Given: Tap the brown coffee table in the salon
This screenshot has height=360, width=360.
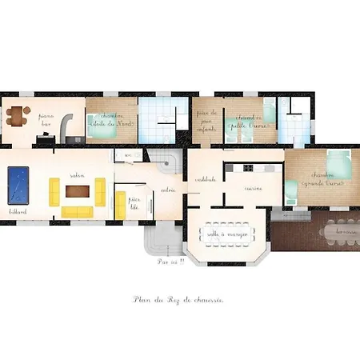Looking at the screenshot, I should pos(78,191).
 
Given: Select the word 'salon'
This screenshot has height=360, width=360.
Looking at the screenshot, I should pos(77,175).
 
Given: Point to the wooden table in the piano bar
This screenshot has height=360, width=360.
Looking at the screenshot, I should pos(16,118).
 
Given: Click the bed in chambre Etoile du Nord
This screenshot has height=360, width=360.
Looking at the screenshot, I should pos(102,127).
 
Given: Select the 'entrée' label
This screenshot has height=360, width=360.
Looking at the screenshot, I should pos(168,190).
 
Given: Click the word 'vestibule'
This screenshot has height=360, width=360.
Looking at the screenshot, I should pos(205,179).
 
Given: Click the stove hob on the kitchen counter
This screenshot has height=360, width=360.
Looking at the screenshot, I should pos(248,167).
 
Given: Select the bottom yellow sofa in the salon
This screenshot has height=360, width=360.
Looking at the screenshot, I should pos(77,212).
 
